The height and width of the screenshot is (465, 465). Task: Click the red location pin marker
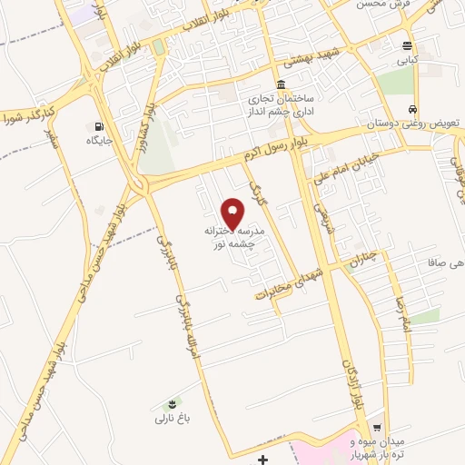pyautogui.click(x=233, y=214)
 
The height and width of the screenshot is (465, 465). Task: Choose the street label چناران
pyautogui.click(x=361, y=263)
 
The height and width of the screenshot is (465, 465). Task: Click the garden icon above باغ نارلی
pyautogui.click(x=168, y=404)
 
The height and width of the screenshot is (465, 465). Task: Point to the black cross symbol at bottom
pyautogui.click(x=263, y=460)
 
